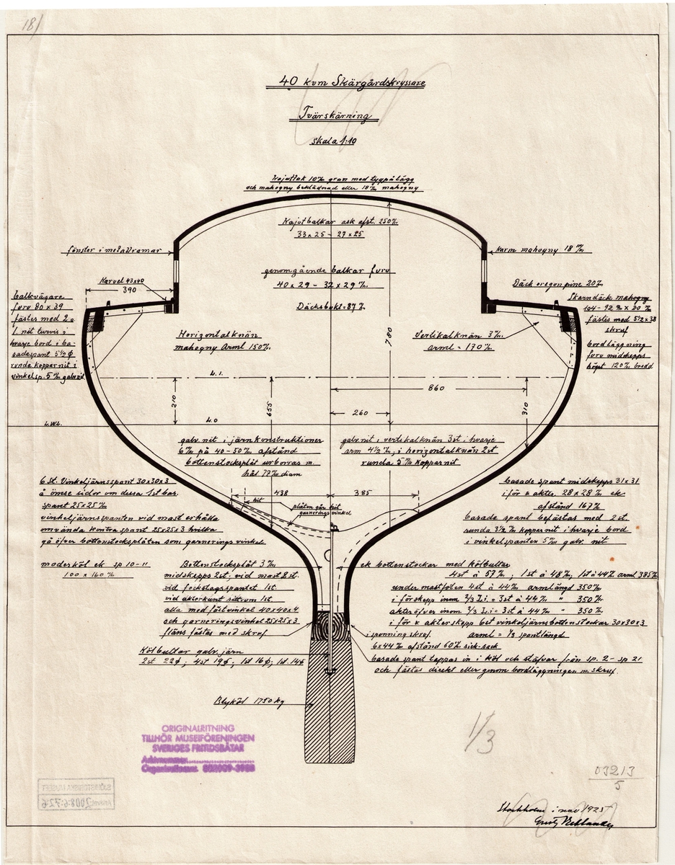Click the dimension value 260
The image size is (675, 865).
click(361, 414)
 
